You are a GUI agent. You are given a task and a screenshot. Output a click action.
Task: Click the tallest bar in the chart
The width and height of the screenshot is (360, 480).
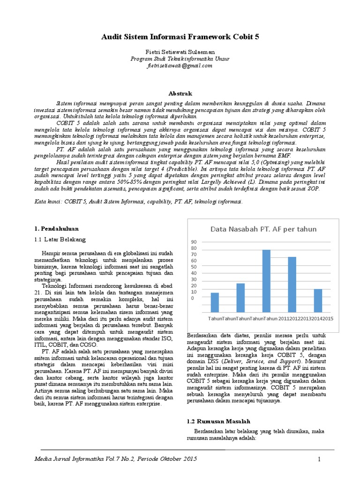click(x=266, y=281)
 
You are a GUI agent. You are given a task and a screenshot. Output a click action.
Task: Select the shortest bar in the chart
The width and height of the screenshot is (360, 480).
click(x=215, y=303)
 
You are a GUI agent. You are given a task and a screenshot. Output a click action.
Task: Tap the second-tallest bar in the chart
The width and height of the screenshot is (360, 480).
click(x=292, y=285)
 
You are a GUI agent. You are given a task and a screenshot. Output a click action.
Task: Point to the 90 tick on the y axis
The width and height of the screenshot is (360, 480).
click(x=194, y=242)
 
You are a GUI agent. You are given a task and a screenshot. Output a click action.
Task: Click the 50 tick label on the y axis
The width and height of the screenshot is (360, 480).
click(x=194, y=267)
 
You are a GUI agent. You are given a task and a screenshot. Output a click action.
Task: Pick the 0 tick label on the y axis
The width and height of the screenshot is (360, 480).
click(x=192, y=298)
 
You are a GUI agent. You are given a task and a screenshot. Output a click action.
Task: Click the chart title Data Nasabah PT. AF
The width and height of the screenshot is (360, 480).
click(x=263, y=229)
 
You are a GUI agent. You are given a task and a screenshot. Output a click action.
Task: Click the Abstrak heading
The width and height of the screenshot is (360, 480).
click(x=180, y=94)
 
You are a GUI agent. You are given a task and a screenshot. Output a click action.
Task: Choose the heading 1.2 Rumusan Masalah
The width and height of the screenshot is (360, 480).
click(x=219, y=421)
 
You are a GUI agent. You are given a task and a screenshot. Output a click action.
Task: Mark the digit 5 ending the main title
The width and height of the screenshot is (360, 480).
click(x=256, y=37)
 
